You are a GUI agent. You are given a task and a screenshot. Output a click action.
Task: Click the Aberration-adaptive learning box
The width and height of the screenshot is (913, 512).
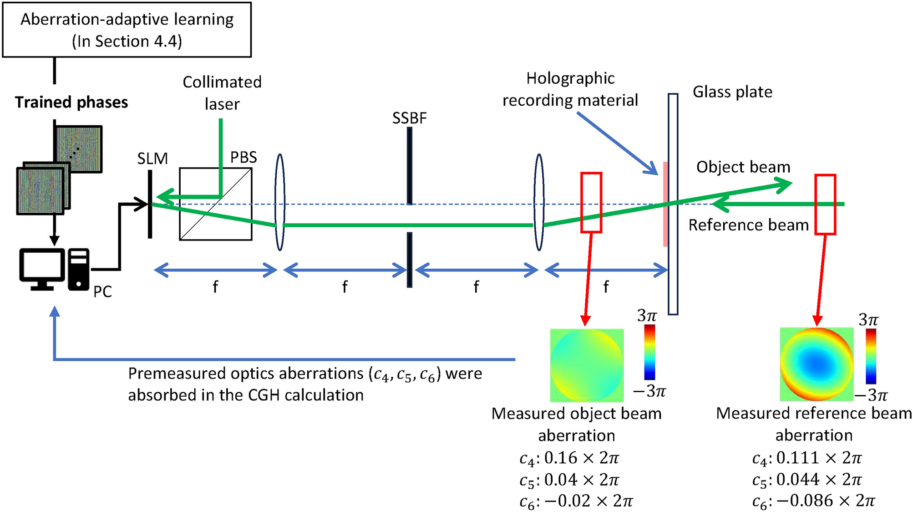(127, 30)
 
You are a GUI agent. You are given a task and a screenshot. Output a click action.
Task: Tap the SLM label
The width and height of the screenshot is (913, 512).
(152, 159)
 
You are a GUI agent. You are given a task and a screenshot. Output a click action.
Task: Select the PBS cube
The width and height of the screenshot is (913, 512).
(215, 204)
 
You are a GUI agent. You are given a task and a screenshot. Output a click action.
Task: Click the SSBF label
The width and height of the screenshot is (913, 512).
(409, 118)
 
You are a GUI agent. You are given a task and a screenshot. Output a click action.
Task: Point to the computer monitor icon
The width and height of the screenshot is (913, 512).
(42, 269)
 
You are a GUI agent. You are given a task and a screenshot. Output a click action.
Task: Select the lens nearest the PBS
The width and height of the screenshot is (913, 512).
(280, 202)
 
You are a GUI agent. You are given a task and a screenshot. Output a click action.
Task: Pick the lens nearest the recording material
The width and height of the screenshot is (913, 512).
(539, 202)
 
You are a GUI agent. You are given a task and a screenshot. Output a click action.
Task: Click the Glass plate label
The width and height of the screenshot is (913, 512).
(732, 92)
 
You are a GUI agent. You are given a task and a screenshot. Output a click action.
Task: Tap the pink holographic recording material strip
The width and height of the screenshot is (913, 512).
(665, 204)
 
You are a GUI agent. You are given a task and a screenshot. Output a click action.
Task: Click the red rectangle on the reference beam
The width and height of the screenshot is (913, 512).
(825, 204)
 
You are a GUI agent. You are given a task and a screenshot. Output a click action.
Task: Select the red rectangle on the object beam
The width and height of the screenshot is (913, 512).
(591, 202)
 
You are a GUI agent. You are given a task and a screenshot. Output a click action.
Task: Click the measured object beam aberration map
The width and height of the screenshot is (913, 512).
(587, 365)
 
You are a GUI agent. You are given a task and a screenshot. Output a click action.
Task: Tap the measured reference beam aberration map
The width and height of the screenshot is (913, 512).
(817, 364)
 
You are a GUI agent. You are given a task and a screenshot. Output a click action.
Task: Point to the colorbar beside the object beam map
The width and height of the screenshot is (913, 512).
(649, 352)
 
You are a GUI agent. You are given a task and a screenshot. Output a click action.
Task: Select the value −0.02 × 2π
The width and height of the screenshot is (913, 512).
(588, 501)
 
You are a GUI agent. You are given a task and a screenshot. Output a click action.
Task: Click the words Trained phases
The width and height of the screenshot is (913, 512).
(71, 102)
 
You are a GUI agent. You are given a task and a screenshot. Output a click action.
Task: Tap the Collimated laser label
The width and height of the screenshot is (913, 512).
(222, 93)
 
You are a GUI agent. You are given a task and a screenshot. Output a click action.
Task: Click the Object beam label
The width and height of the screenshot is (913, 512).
(743, 167)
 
